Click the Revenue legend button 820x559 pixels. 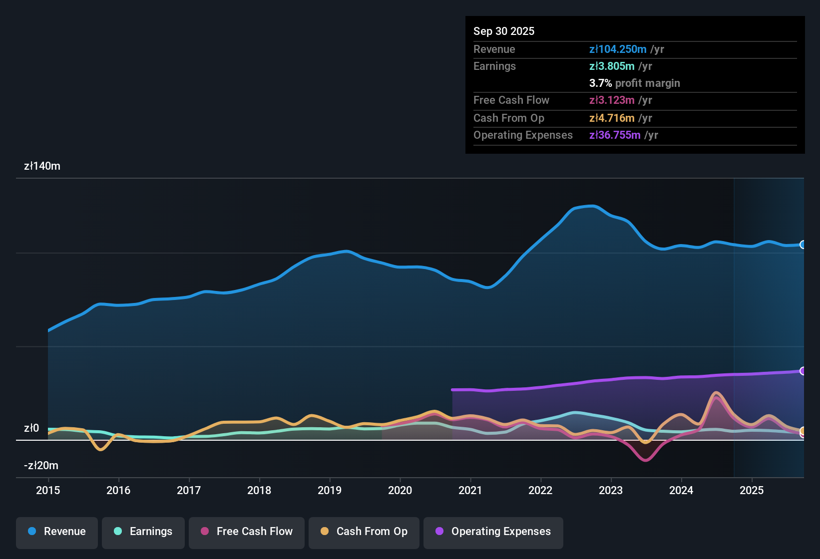pyautogui.click(x=57, y=532)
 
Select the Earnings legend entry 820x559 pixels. pyautogui.click(x=143, y=532)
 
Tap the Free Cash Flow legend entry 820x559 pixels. pyautogui.click(x=247, y=532)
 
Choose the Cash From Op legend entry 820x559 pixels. pyautogui.click(x=364, y=532)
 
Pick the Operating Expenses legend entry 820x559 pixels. pyautogui.click(x=493, y=532)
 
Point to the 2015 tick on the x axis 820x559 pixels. pyautogui.click(x=48, y=490)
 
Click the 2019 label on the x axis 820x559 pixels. pyautogui.click(x=330, y=490)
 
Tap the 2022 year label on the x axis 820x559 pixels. pyautogui.click(x=540, y=490)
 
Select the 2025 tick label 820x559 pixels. pyautogui.click(x=752, y=490)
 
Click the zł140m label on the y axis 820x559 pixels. pyautogui.click(x=42, y=166)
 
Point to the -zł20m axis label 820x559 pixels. pyautogui.click(x=41, y=466)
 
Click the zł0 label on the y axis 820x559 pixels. pyautogui.click(x=31, y=428)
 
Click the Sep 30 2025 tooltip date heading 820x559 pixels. pyautogui.click(x=504, y=31)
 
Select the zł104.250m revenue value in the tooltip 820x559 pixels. pyautogui.click(x=618, y=49)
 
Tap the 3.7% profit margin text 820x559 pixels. pyautogui.click(x=634, y=83)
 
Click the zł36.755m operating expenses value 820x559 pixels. pyautogui.click(x=615, y=135)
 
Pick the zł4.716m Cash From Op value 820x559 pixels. pyautogui.click(x=612, y=118)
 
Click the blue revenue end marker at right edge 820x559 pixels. pyautogui.click(x=803, y=245)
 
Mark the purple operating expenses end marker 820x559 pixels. pyautogui.click(x=803, y=371)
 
